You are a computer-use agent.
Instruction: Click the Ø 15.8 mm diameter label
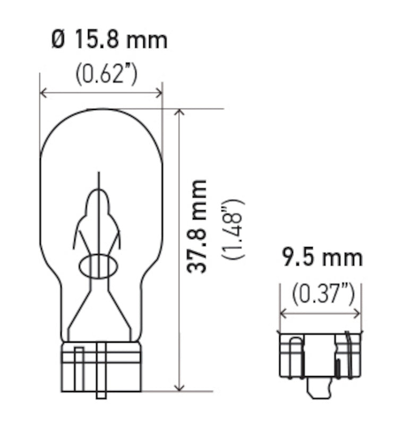(109, 40)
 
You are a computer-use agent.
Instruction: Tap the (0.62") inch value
(106, 74)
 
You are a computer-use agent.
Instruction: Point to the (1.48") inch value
(233, 229)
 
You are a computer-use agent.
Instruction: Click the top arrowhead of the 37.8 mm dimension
(181, 113)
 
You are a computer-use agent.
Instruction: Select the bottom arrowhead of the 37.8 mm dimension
(181, 387)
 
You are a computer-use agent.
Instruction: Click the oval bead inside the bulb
(98, 266)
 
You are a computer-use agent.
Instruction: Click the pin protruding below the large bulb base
(101, 394)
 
